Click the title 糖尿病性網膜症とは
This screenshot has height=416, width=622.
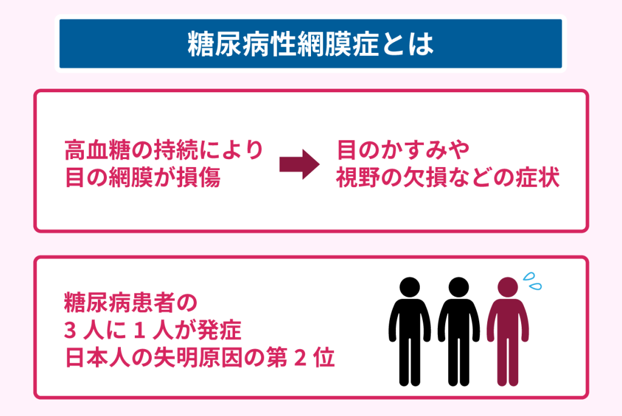310,44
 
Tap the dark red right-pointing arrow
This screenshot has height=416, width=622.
299,164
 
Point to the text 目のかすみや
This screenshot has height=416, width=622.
403,150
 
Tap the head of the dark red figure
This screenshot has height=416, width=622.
508,287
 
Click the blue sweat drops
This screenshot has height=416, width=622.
532,281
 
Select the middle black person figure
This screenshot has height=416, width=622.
459,331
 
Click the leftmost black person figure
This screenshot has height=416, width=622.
410,331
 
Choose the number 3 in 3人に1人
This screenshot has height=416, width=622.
70,330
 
